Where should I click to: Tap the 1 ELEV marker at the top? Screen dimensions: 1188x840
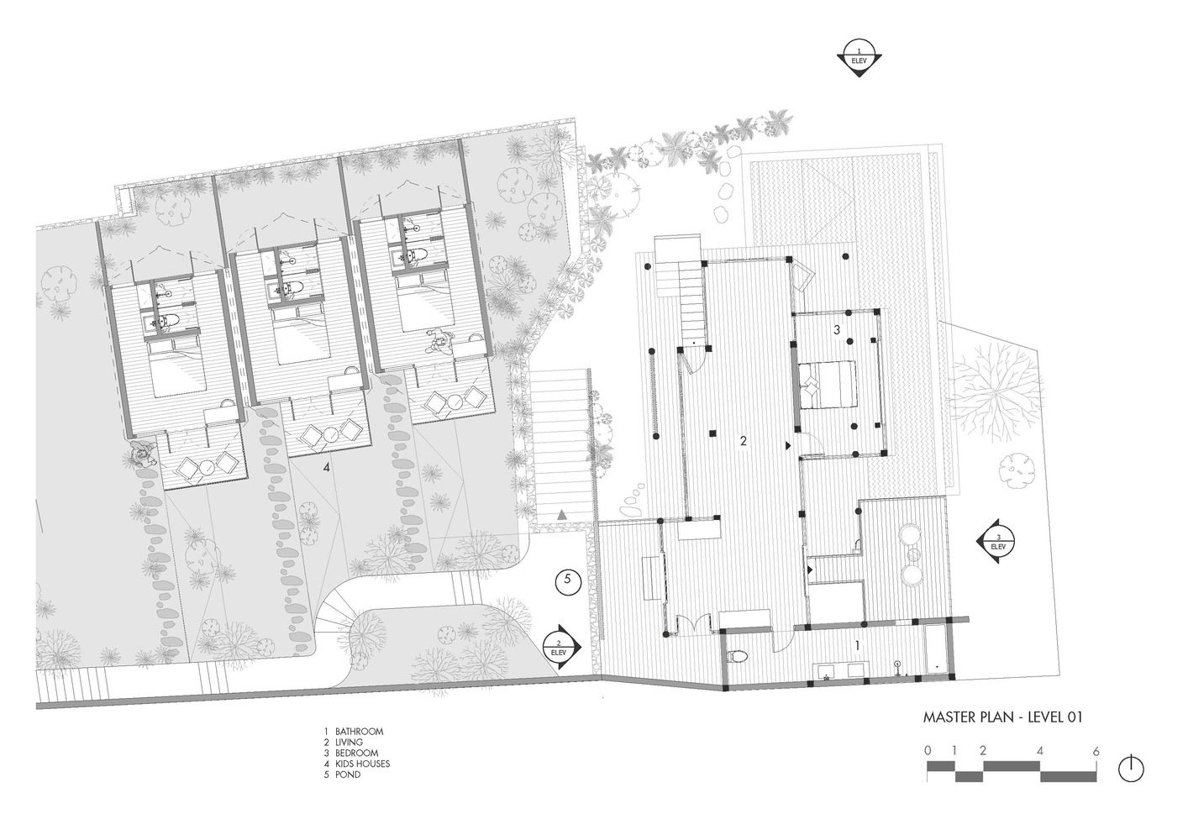click(x=859, y=59)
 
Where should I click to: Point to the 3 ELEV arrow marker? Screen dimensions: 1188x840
click(x=996, y=541)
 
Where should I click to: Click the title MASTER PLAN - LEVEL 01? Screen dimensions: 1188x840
click(x=1003, y=717)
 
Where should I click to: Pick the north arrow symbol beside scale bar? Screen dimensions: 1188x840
click(x=1131, y=768)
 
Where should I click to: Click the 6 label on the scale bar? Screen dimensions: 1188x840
click(x=1096, y=751)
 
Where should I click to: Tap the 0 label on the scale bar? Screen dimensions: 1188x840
click(x=927, y=751)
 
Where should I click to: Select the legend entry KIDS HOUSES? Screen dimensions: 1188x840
click(x=362, y=764)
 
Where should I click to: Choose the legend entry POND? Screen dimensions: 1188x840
click(x=348, y=774)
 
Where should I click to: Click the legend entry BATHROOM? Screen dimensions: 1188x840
click(x=359, y=732)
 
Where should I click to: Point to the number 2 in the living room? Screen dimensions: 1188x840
click(x=744, y=441)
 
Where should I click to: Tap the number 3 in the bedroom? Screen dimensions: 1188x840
click(x=837, y=330)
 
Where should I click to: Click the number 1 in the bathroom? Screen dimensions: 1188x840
click(x=857, y=645)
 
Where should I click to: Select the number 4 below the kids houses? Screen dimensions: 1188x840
click(x=327, y=467)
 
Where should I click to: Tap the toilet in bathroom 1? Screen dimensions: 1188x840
click(x=738, y=657)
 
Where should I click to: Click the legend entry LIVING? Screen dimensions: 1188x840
click(x=349, y=743)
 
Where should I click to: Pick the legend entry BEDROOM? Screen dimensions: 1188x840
click(x=357, y=753)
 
